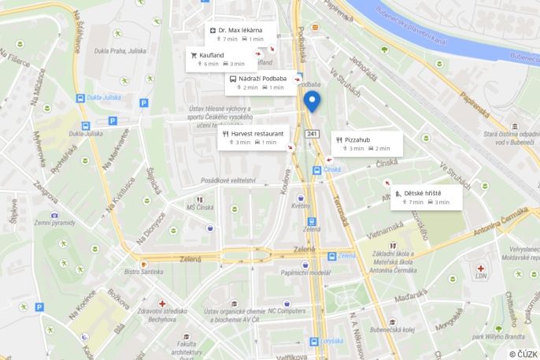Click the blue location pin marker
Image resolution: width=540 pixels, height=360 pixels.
[x=312, y=102]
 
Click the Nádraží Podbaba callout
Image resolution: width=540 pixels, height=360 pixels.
[x=261, y=83]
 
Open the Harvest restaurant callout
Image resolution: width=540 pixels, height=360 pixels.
[x=253, y=138]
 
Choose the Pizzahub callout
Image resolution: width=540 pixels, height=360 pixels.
[x=367, y=143]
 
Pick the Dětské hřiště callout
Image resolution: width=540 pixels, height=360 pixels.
[x=426, y=197]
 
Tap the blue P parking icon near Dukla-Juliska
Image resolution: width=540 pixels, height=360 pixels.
[x=143, y=102]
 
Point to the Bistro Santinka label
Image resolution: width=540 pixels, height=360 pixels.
[x=143, y=272]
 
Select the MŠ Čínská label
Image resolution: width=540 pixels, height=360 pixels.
[x=201, y=207]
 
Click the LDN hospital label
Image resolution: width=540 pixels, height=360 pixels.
[x=481, y=276]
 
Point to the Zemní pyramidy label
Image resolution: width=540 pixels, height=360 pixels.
[x=54, y=223]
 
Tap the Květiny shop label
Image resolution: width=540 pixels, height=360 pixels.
[x=301, y=206]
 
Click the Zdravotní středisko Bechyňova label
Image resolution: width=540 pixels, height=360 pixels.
[x=162, y=315]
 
